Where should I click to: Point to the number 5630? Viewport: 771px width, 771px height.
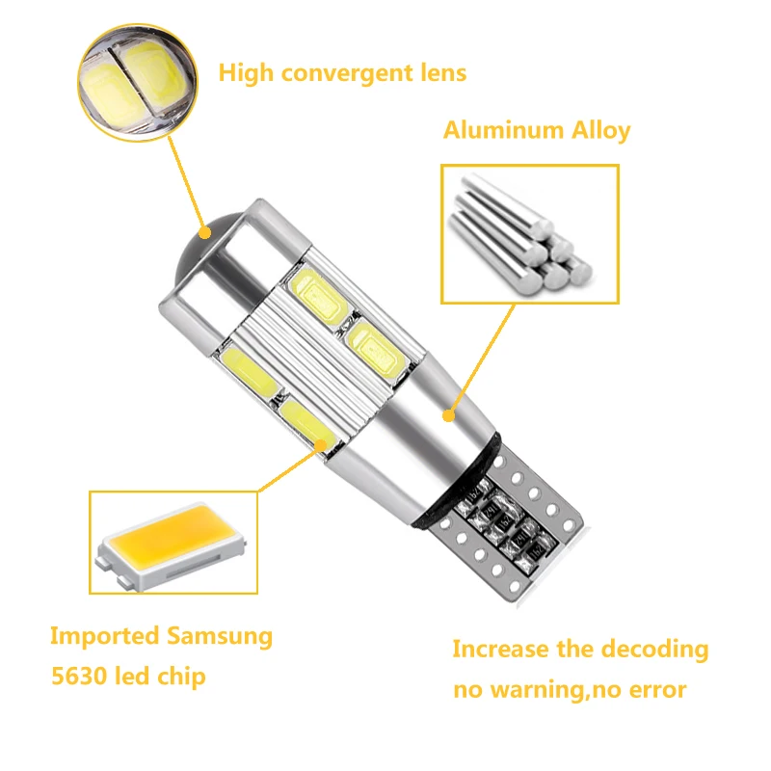click(79, 677)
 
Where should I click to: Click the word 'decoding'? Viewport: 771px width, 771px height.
click(654, 650)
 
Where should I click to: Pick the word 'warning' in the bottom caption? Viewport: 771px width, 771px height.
click(545, 690)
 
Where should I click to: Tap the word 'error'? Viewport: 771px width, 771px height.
click(654, 690)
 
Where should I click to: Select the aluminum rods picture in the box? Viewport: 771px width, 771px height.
click(529, 232)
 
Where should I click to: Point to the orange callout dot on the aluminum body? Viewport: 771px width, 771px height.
click(448, 415)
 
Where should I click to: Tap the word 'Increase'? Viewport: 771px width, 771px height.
click(498, 650)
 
